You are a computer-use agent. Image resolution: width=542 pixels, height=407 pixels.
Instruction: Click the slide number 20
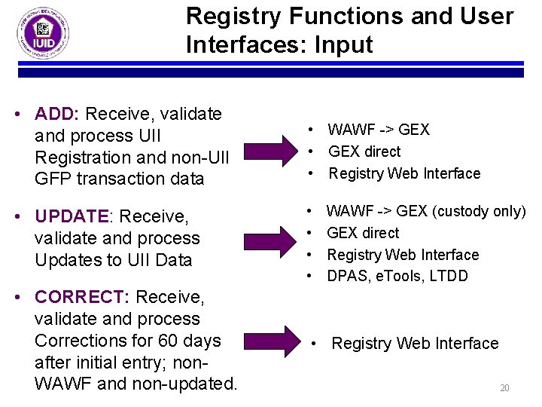click(x=504, y=388)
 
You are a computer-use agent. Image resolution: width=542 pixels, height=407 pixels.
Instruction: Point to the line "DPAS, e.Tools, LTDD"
click(x=397, y=276)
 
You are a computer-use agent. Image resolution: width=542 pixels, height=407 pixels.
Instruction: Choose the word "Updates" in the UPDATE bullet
click(x=65, y=260)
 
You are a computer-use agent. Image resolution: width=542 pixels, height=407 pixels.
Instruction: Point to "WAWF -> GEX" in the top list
click(x=379, y=130)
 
